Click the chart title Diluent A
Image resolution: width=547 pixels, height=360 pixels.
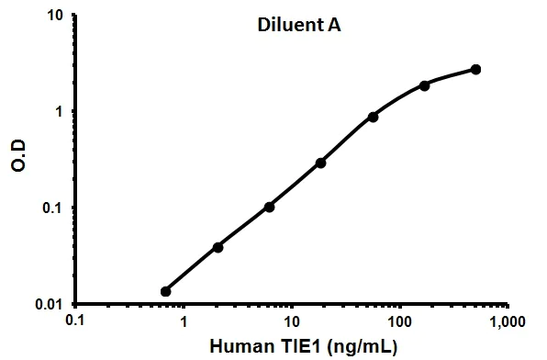point(298,26)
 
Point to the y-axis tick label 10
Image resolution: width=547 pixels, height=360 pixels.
point(54,17)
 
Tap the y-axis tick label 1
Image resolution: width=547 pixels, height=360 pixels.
point(60,112)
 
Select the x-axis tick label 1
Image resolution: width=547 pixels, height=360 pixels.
point(184,322)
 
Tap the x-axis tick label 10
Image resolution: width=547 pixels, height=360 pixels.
point(291,322)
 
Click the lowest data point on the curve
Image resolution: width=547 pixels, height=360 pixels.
point(165,291)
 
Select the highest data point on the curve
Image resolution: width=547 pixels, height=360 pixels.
point(475,69)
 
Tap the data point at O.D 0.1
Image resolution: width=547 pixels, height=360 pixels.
point(269,207)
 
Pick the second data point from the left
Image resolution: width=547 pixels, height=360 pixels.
point(218,247)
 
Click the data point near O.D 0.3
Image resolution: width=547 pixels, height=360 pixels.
point(320,163)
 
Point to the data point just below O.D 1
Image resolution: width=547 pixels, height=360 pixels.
point(373,117)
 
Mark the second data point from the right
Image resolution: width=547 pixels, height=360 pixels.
point(424,85)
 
